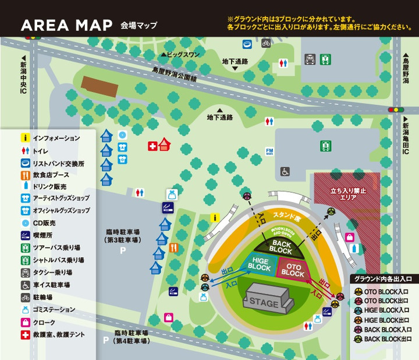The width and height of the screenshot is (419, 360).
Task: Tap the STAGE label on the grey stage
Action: coord(264,303)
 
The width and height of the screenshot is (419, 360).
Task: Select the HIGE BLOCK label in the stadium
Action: coord(259,264)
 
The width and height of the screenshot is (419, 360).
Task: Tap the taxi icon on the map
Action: coord(310,59)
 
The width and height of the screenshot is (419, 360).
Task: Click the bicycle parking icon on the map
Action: coord(266,43)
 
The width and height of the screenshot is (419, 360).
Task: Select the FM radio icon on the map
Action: coord(269,151)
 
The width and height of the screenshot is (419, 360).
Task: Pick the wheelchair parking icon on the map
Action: coord(285,171)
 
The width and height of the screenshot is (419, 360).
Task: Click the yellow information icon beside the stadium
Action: coord(214,217)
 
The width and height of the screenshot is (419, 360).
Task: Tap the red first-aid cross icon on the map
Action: coord(152,146)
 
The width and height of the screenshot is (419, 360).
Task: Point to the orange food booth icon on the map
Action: coord(173,248)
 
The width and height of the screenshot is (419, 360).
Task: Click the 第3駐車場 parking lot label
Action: coord(122,236)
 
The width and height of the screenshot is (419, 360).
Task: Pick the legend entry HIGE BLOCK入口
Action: coord(386,310)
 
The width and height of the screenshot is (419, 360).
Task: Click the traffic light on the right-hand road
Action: coord(396,109)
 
